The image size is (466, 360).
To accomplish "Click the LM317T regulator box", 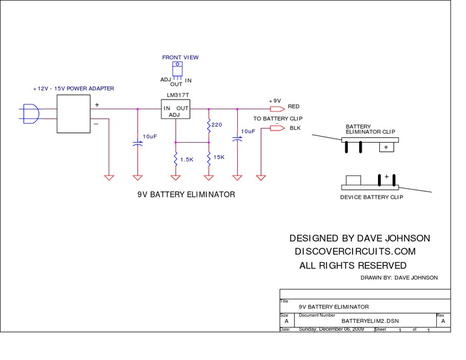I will click(x=176, y=109).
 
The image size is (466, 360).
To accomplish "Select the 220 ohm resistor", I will click(x=209, y=126).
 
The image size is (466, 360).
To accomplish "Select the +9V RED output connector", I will click(x=277, y=109).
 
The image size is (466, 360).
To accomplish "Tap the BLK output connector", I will click(x=277, y=128).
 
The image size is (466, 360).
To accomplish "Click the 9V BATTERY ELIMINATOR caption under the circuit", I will click(x=186, y=195).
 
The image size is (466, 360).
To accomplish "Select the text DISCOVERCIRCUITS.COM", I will click(x=354, y=251).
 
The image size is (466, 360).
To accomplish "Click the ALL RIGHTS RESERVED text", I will click(x=353, y=266).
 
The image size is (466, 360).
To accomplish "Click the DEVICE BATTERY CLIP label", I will click(x=371, y=197).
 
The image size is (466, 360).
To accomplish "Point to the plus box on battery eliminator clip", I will click(x=385, y=147).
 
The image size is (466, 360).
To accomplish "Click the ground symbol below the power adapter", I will click(x=109, y=177).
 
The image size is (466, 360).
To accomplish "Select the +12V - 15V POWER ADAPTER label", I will click(x=73, y=89).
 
